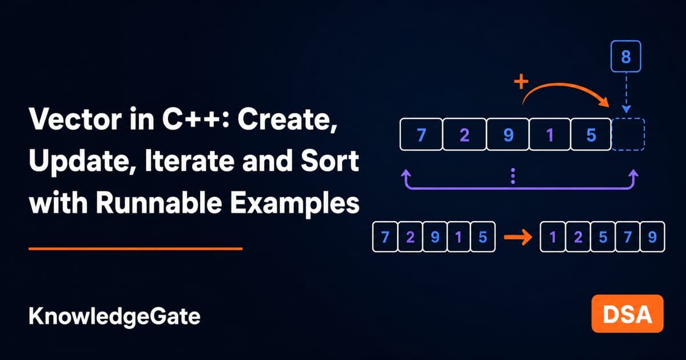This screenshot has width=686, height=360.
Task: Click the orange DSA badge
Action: click(628, 314)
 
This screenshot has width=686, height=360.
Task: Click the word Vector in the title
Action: click(76, 119)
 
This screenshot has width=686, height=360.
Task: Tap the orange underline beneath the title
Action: click(135, 249)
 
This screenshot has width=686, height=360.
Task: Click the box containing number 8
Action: click(625, 57)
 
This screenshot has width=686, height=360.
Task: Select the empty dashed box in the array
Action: click(628, 134)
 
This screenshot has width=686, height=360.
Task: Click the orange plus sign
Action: click(521, 82)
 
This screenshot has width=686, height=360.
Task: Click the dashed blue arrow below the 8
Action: click(627, 93)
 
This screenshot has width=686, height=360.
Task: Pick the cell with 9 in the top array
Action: click(508, 134)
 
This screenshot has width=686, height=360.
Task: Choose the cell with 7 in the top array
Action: click(421, 134)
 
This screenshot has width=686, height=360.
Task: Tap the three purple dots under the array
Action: click(513, 176)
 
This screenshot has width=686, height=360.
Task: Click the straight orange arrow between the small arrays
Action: click(518, 237)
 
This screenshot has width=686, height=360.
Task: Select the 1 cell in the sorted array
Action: click(552, 237)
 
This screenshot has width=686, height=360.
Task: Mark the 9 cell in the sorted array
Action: click(652, 237)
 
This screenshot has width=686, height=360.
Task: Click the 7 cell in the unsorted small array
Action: click(385, 237)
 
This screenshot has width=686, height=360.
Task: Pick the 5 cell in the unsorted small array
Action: click(482, 237)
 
